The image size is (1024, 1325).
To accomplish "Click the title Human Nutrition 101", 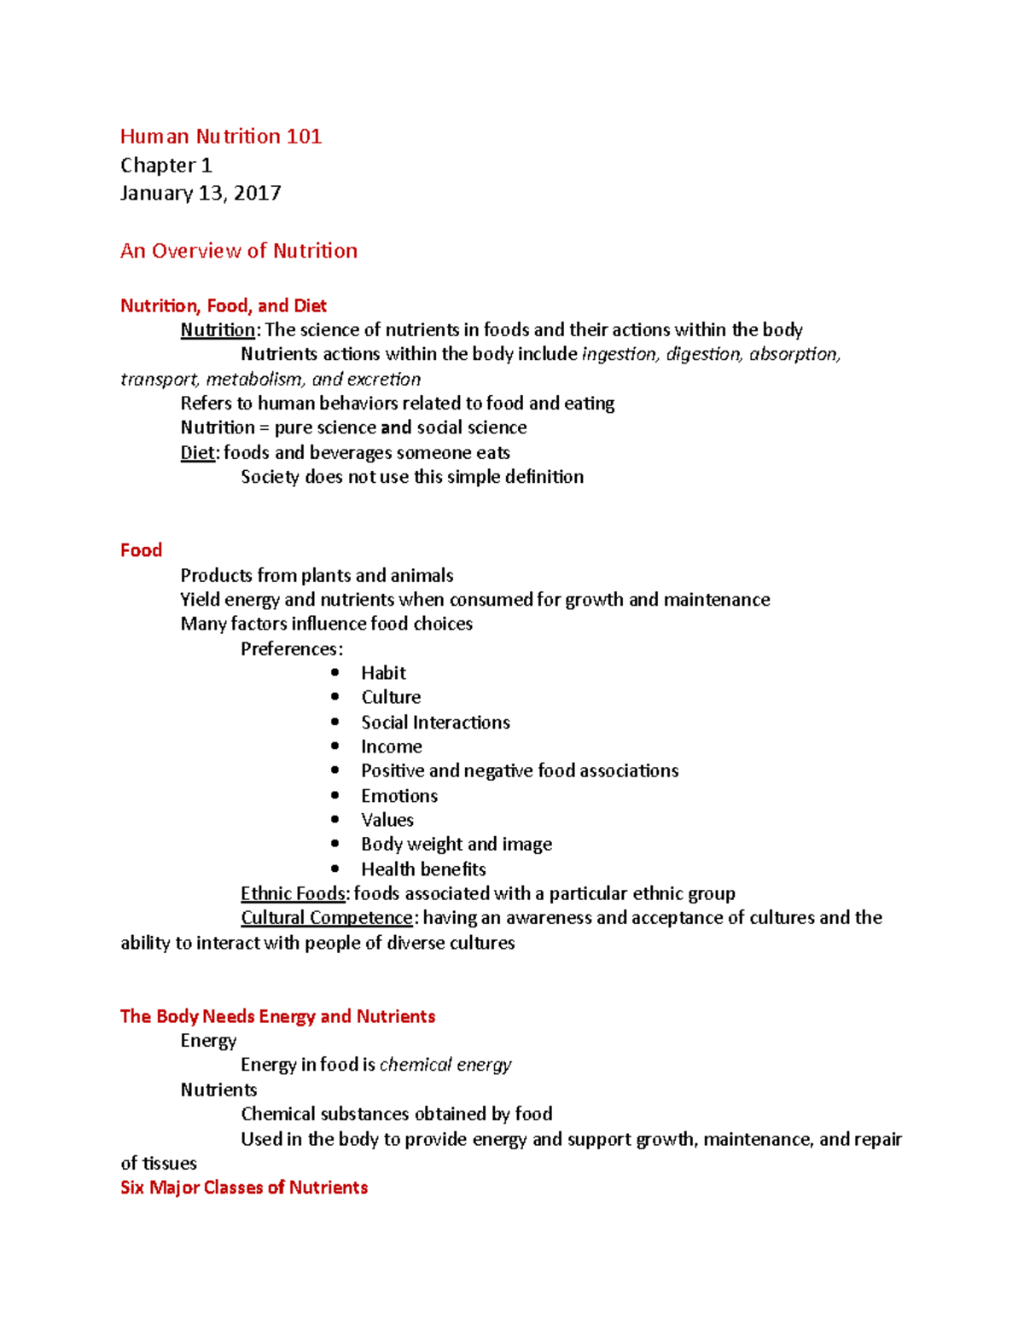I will point(220,137).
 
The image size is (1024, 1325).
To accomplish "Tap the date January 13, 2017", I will point(201,194).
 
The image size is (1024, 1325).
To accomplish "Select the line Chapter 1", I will point(166,166).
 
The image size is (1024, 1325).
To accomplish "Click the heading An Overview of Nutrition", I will point(239,251).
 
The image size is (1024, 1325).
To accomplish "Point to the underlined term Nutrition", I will point(218,330).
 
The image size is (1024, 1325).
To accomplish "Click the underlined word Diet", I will point(197,453).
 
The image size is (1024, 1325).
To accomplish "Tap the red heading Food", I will point(141,550).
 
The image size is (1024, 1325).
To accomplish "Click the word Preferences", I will point(290,649).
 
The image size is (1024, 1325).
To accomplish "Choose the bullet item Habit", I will point(383,673).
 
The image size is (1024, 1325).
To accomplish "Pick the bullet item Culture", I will point(391,697).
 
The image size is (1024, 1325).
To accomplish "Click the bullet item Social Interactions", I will point(435,723).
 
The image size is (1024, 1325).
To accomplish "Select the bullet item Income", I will point(391,747).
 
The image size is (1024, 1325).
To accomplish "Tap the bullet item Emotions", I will point(399,796).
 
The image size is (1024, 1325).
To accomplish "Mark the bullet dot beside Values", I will point(335,820).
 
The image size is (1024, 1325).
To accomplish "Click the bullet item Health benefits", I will point(423,869).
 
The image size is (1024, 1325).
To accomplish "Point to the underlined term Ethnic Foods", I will point(294,893).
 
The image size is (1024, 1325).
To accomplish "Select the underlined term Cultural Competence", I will point(327,918).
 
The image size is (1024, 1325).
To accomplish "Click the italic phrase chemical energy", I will point(445,1065).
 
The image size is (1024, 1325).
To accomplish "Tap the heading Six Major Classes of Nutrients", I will point(244,1188).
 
